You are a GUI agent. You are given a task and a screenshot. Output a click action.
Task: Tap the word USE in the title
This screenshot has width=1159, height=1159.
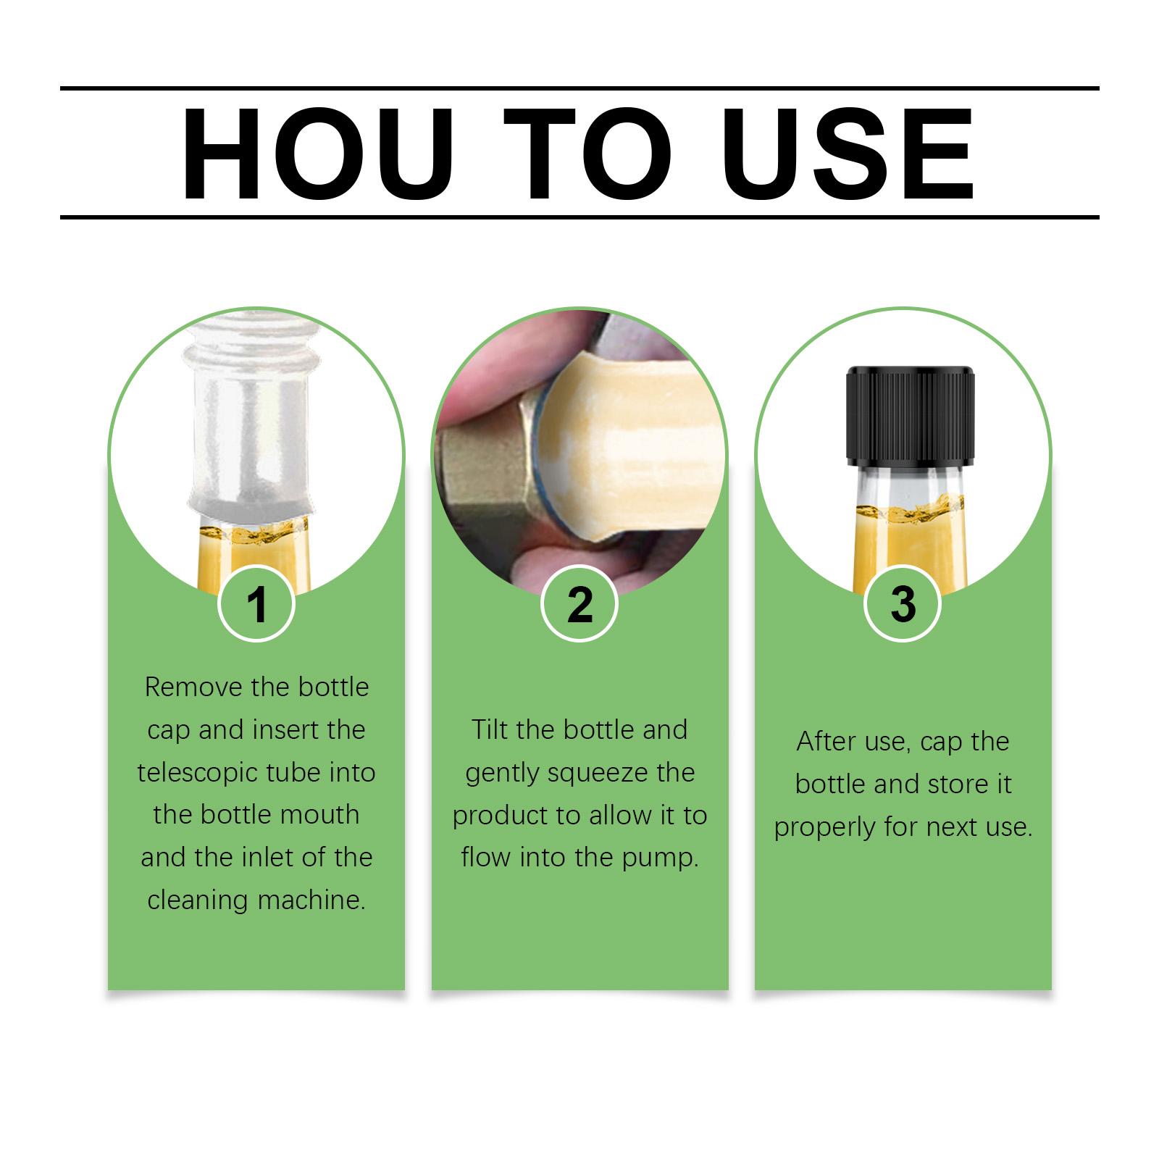pyautogui.click(x=848, y=155)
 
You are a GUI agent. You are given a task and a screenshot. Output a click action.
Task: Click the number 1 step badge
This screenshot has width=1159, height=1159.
pyautogui.click(x=256, y=603)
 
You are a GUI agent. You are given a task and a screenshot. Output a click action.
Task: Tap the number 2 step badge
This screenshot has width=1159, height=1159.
pyautogui.click(x=579, y=603)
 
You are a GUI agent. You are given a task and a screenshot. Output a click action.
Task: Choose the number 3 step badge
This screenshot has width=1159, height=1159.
pyautogui.click(x=903, y=603)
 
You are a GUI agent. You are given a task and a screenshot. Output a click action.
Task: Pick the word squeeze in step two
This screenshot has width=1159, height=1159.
pyautogui.click(x=598, y=774)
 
